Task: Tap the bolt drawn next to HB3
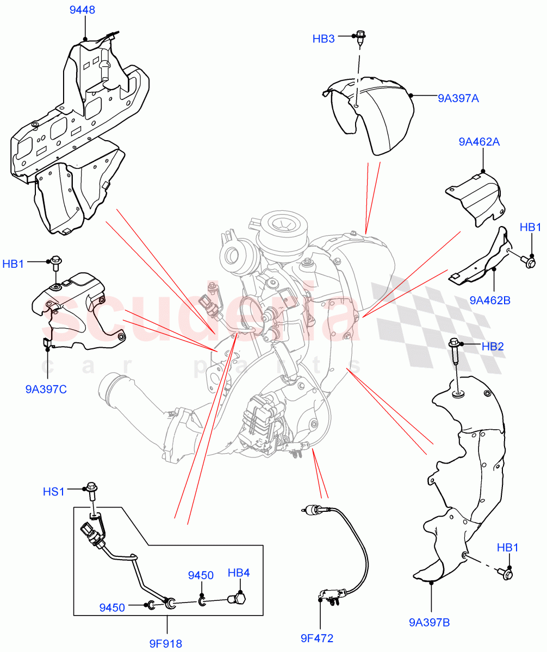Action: coord(359,36)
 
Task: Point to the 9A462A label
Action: coord(478,142)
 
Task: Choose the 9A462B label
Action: coord(490,299)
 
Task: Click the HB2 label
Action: coord(492,346)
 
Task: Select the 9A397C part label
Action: coord(46,389)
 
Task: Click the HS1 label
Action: coord(54,492)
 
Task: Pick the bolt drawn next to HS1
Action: coord(91,494)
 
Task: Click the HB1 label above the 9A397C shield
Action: coord(14,264)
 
